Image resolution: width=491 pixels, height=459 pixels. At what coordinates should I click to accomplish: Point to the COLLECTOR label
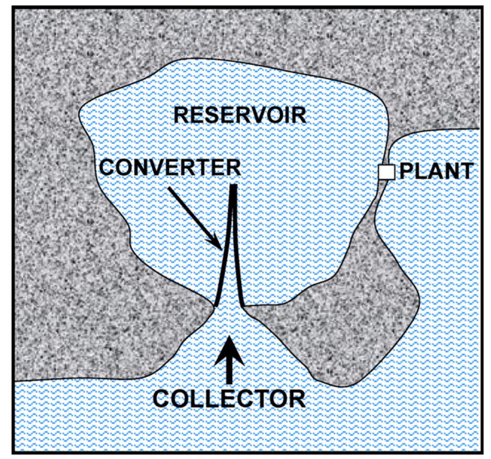[229, 398]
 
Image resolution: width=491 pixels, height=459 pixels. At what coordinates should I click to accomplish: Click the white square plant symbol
[387, 172]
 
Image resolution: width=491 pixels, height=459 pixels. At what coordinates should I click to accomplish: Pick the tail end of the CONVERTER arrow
[169, 188]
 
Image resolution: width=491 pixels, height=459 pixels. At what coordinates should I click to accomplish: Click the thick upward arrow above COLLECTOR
[229, 357]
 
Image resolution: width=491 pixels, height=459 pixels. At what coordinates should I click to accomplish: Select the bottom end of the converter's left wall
[215, 304]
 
